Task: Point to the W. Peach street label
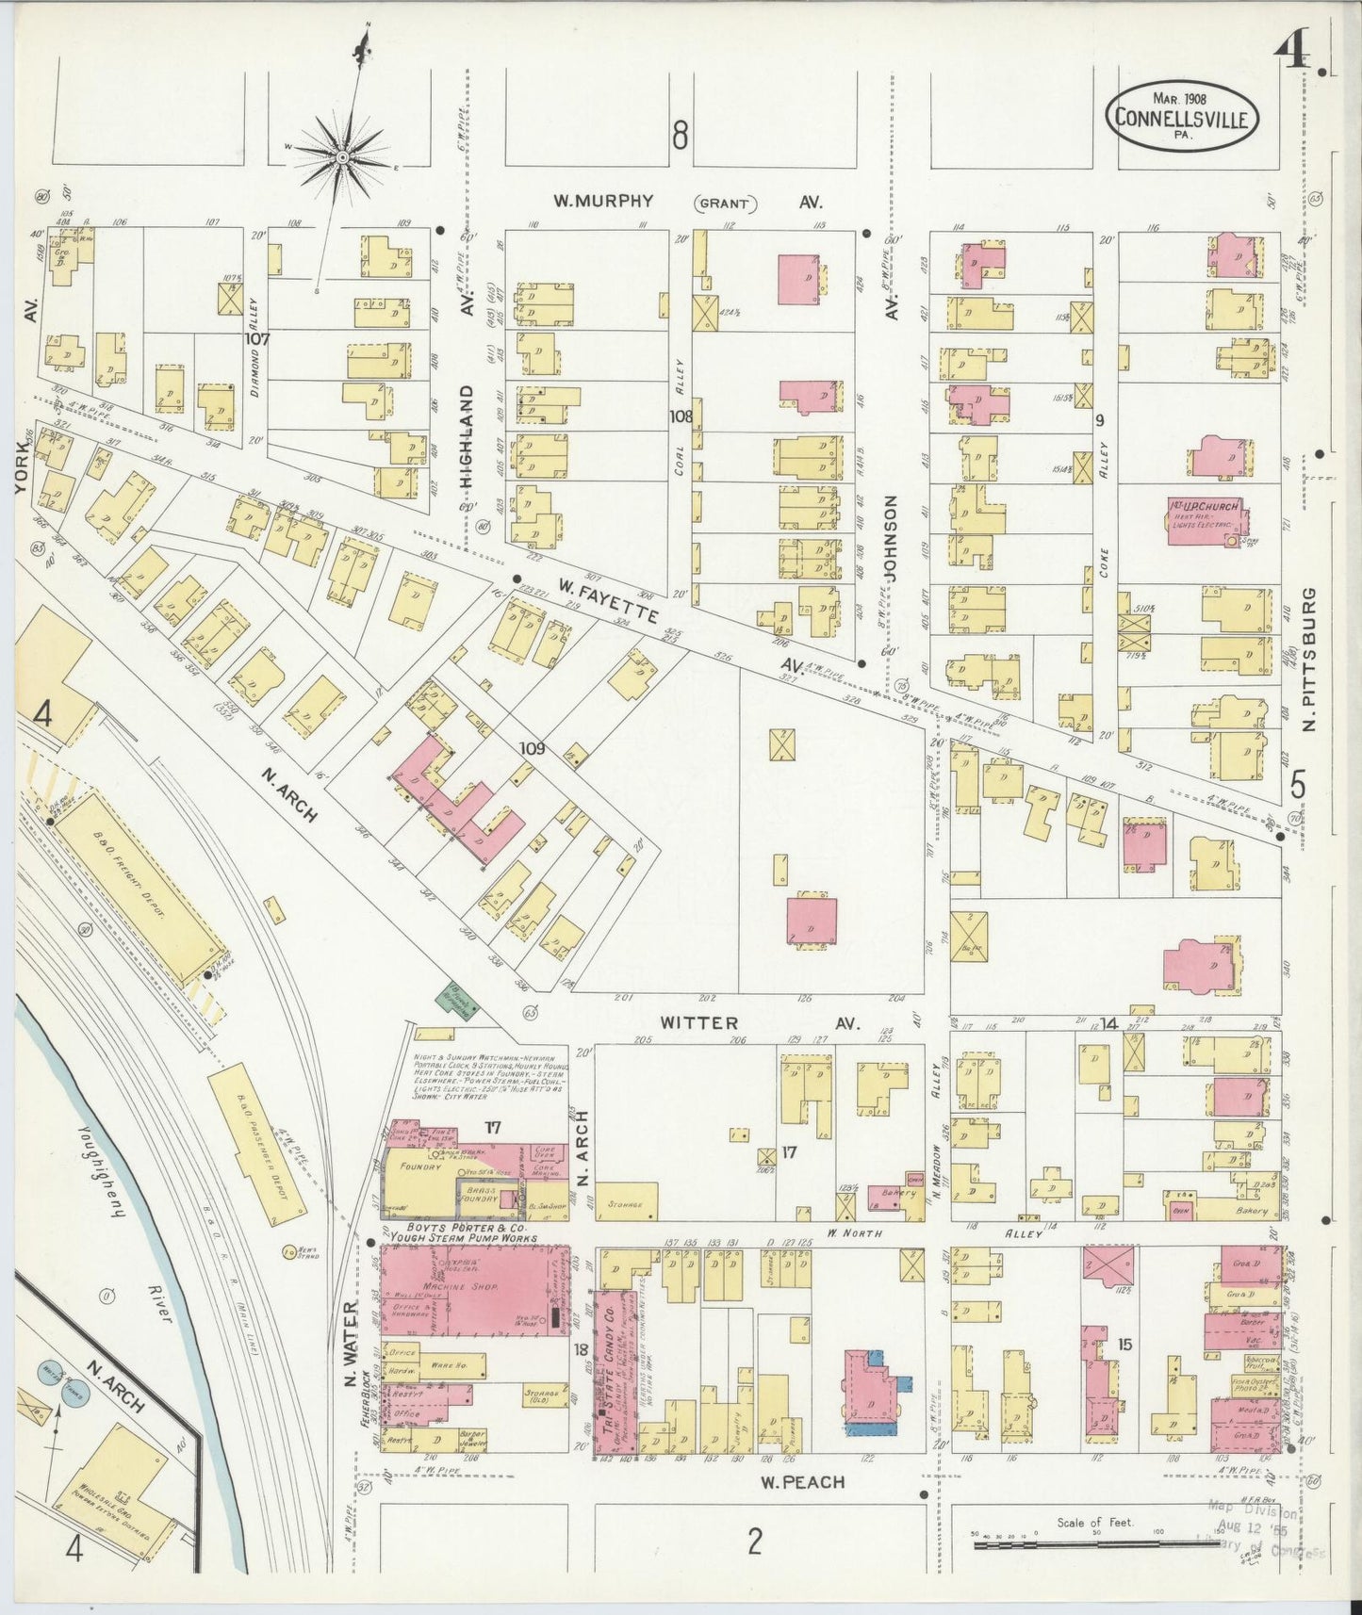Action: (803, 1482)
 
